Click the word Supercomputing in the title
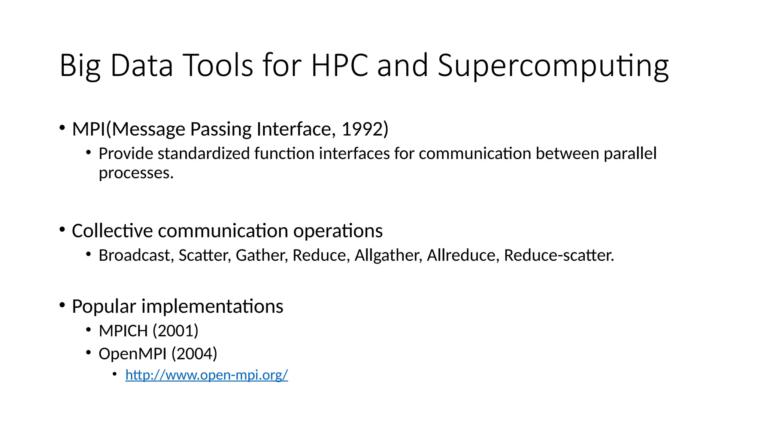tap(553, 66)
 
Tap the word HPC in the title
tap(340, 66)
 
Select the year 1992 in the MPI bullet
tap(362, 129)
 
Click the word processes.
tap(136, 173)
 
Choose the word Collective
tap(112, 231)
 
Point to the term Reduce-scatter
tap(559, 256)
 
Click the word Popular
tap(104, 307)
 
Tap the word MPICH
tap(123, 331)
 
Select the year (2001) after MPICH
tap(175, 331)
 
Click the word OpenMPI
tap(132, 354)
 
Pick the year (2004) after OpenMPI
tap(194, 354)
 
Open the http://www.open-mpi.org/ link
tap(206, 375)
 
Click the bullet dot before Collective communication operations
tap(62, 229)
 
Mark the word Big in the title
tap(80, 66)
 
